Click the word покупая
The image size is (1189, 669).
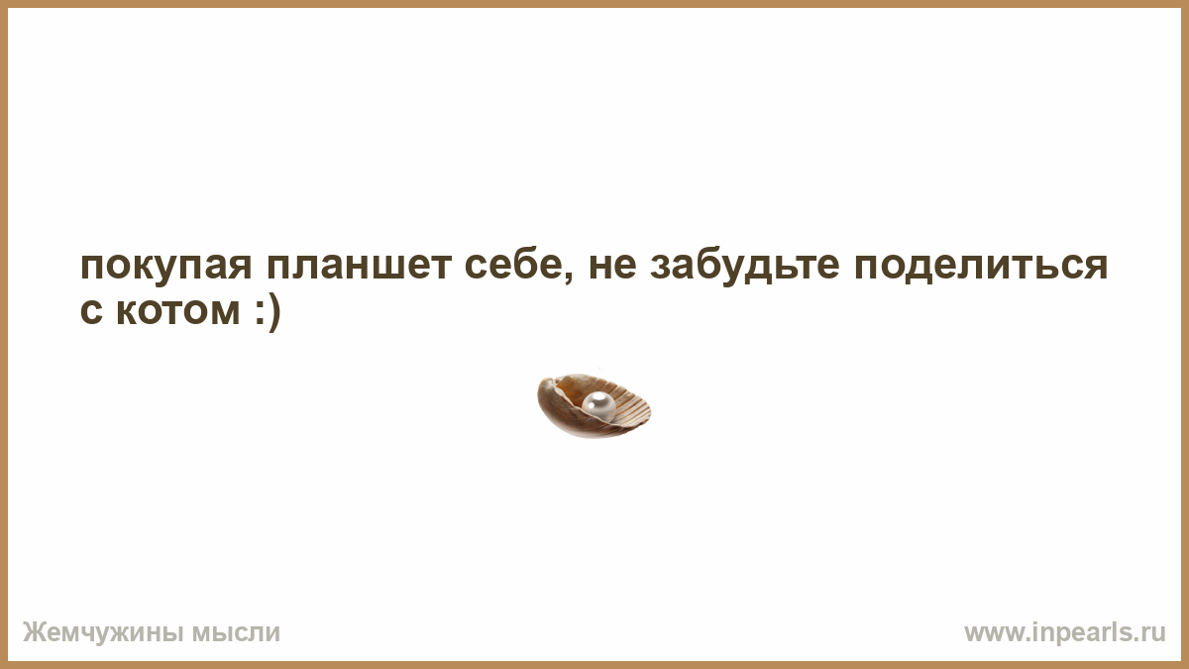point(165,267)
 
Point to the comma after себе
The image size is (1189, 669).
point(569,278)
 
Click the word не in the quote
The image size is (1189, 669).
point(612,266)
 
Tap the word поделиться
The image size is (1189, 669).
point(981,267)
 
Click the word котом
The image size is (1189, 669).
point(178,311)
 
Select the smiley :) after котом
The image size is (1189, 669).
point(267,313)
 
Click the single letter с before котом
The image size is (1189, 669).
point(91,311)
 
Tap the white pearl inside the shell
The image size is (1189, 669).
point(598,405)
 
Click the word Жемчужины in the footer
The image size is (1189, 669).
point(103,633)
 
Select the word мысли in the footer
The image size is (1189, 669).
point(236,633)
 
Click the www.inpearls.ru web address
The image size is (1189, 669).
point(1065,633)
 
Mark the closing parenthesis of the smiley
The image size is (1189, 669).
point(273,313)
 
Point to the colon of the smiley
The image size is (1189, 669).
point(259,313)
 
